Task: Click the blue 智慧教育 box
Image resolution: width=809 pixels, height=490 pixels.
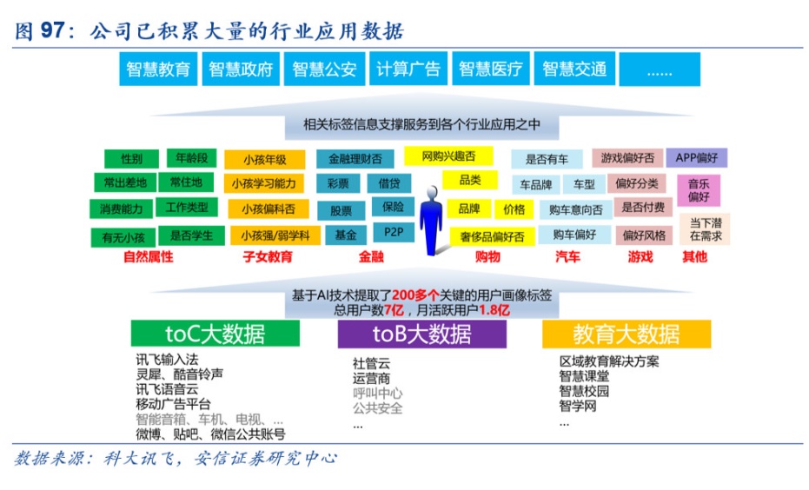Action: tap(158, 69)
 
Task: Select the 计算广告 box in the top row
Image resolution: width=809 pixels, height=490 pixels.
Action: tap(408, 69)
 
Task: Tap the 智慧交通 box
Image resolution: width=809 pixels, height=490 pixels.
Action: tap(574, 69)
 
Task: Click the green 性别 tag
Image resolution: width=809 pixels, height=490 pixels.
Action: tap(131, 158)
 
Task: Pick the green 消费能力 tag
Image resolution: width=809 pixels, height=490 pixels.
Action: tap(122, 209)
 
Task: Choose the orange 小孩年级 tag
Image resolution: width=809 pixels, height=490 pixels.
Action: tap(265, 159)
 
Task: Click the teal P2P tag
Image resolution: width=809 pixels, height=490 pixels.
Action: tap(393, 232)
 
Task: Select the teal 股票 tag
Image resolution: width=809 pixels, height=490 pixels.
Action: tap(341, 210)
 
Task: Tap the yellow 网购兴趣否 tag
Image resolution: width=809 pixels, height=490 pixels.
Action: tap(448, 156)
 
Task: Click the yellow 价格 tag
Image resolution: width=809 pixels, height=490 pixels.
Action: tap(514, 209)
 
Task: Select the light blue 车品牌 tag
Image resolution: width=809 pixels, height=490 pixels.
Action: tap(535, 184)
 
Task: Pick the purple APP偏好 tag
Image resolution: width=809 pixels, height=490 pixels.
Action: tap(697, 157)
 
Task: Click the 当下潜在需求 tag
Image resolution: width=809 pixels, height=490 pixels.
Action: tap(706, 229)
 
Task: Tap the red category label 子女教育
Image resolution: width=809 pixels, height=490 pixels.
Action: tap(268, 256)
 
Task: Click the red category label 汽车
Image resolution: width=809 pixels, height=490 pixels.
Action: tap(567, 256)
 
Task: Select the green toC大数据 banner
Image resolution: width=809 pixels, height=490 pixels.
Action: tap(216, 334)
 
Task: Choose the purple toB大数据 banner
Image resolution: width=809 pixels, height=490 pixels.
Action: tap(422, 334)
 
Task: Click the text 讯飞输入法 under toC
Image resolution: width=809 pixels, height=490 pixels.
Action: tap(167, 359)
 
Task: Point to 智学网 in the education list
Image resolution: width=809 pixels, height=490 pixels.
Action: tap(578, 406)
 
